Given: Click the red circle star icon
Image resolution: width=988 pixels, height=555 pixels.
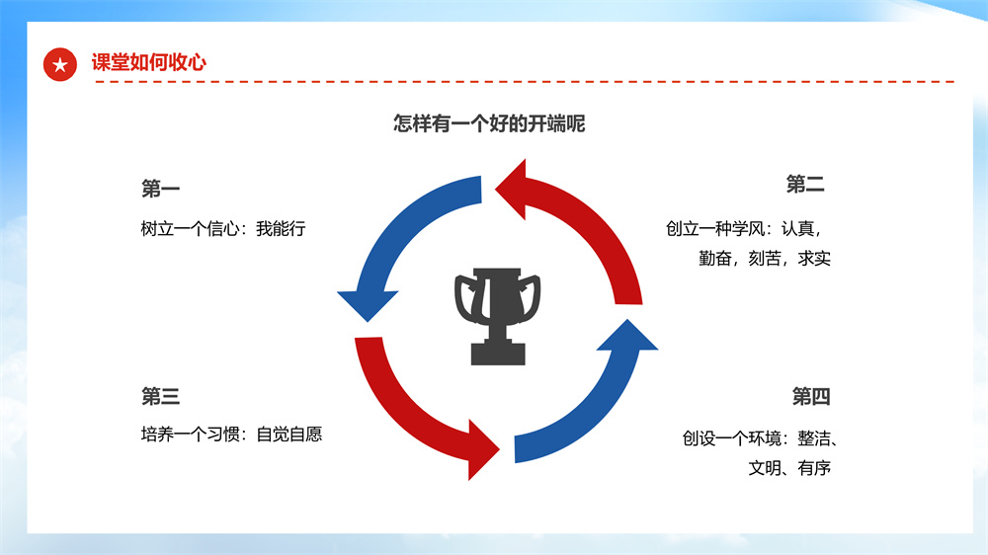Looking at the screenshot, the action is pos(60,64).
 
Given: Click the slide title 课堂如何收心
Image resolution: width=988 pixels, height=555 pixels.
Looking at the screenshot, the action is pos(149,62).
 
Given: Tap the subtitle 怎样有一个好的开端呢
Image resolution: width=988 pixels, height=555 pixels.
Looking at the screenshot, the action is pos(489,123).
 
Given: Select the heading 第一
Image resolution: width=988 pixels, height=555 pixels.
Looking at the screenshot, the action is pos(161,189).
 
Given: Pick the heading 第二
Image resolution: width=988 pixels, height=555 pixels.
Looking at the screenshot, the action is pos(805,185).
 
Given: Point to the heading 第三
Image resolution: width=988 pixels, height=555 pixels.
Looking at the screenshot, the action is pos(161,396).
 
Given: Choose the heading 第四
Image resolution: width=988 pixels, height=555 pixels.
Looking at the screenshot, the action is pos(811,396).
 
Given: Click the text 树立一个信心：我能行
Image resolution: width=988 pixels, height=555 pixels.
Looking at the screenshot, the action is pos(223,229).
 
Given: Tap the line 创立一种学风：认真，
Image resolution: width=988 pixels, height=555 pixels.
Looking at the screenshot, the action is pos(744,229).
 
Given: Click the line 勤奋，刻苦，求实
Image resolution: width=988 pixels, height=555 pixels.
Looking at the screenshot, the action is pos(765,259).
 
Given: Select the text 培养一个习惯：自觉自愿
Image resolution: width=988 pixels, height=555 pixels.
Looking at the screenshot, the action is pos(231,435).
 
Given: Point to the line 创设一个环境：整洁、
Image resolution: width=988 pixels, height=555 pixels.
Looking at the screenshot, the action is pos(759,438).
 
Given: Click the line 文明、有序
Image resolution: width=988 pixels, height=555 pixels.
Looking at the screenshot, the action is pos(789,468).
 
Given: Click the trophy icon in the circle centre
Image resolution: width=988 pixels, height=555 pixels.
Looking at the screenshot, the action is pos(498,316).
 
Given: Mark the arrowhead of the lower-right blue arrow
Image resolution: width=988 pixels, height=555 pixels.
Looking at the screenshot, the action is pos(627,335).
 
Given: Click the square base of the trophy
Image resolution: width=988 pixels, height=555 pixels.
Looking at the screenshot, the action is pos(498,355).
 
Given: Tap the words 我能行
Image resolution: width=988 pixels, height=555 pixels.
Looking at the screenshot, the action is pos(281,229).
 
